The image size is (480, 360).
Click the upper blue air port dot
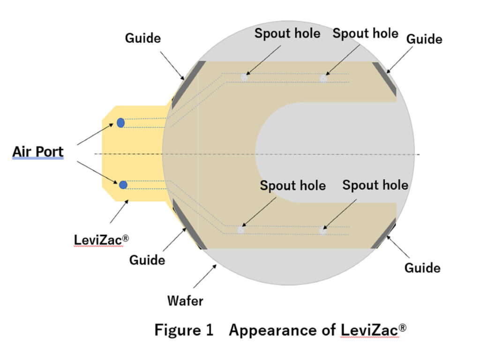pyautogui.click(x=120, y=123)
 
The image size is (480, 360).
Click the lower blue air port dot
pyautogui.click(x=123, y=185)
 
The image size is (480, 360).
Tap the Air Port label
pyautogui.click(x=37, y=152)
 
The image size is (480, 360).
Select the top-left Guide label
pyautogui.click(x=142, y=38)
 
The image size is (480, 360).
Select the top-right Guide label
pyautogui.click(x=424, y=39)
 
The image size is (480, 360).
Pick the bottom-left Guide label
pyautogui.click(x=147, y=259)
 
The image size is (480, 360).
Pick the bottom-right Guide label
pyautogui.click(x=422, y=268)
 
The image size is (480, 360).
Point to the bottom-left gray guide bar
pyautogui.click(x=189, y=224)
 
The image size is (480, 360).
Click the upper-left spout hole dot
pyautogui.click(x=244, y=78)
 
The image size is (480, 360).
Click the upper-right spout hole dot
pyautogui.click(x=323, y=78)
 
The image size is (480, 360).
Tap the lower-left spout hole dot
pyautogui.click(x=241, y=230)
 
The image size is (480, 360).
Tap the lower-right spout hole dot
pyautogui.click(x=322, y=230)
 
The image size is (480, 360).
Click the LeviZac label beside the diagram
pyautogui.click(x=101, y=240)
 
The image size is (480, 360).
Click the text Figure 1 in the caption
pyautogui.click(x=184, y=330)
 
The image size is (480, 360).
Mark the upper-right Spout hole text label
pyautogui.click(x=365, y=33)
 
